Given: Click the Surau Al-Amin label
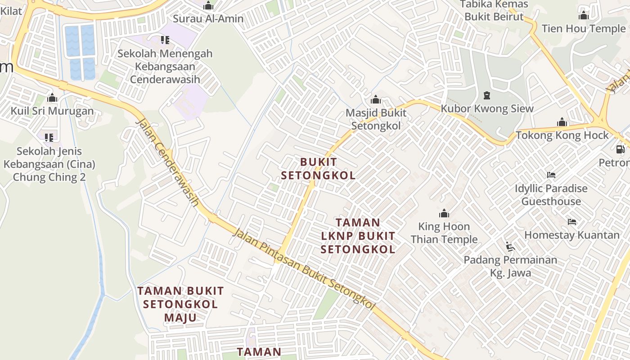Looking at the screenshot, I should pos(208,19).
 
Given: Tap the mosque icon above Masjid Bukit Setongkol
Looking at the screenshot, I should pos(375,99).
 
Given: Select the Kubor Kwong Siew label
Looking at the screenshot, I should pos(487,108).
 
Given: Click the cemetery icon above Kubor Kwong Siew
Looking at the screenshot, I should pos(486,95).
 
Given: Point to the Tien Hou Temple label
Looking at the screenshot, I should pos(584,29).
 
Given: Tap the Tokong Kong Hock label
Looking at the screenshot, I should pos(562,135).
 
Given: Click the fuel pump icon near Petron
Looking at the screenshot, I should pos(620,149).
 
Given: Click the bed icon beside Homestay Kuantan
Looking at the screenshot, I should pos(572,221).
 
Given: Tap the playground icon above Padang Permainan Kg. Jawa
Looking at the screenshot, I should pos(510,246).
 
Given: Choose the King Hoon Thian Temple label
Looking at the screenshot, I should pos(444,233).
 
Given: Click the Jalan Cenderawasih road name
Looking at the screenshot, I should pos(167,162).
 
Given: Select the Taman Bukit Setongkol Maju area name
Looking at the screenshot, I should pos(180,304).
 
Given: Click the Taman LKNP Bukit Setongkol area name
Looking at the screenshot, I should pos(358,236).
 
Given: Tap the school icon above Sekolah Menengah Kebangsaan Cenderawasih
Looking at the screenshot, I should pos(165,40).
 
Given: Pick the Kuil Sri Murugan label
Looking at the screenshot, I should pos(52,111).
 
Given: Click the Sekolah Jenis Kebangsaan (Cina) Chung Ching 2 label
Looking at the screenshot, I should pos(49,164).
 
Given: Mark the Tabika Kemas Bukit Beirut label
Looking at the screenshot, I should pos(494,10).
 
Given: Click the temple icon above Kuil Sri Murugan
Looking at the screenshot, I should pos(52,98).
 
